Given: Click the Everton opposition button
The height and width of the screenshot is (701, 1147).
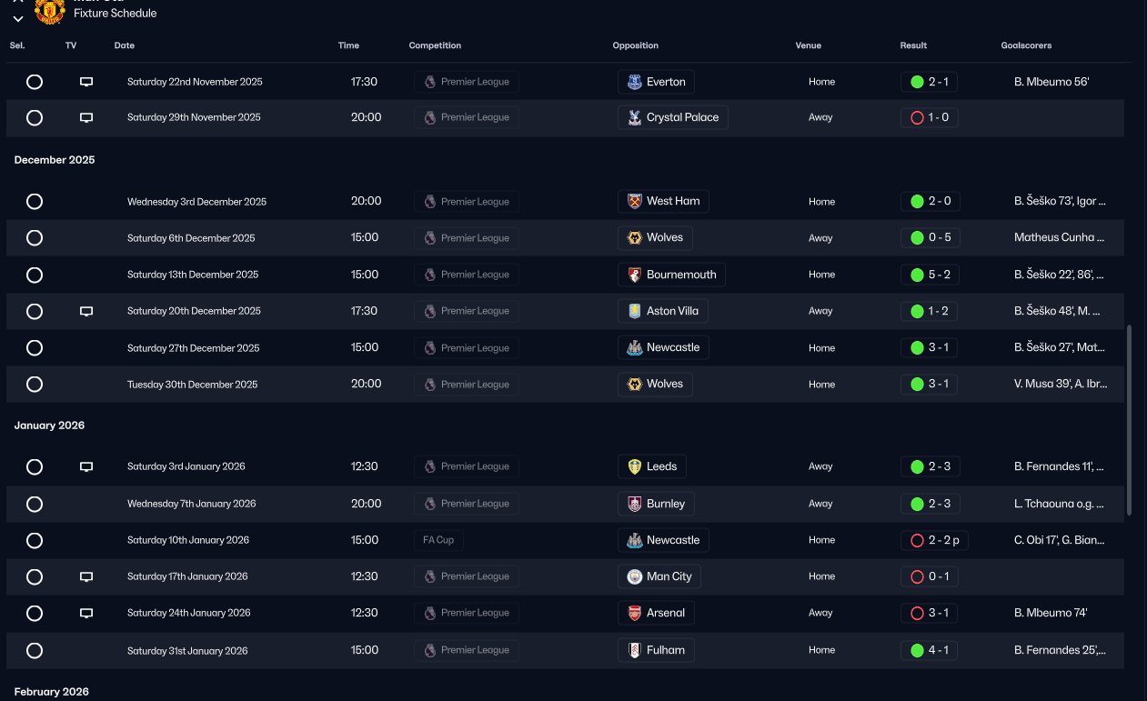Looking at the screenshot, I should (656, 82).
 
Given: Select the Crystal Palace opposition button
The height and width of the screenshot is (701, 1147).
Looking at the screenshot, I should (672, 117).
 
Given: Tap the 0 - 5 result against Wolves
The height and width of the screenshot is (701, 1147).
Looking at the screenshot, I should (929, 238).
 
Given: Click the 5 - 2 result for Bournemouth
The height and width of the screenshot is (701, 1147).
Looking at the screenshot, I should (929, 275).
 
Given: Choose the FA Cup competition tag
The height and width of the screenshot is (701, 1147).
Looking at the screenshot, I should (438, 540).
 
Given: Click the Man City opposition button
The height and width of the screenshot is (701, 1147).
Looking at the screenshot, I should (659, 576).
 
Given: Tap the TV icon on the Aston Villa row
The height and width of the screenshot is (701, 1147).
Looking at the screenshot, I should (86, 311).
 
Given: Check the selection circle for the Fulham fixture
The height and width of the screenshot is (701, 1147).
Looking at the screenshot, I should (35, 650).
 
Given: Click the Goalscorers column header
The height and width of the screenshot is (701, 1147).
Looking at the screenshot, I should (1026, 45).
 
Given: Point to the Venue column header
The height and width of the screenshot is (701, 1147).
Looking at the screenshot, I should (808, 45).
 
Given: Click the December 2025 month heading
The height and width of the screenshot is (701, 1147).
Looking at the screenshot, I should (55, 160).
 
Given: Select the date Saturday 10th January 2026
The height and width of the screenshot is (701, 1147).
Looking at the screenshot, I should (188, 540).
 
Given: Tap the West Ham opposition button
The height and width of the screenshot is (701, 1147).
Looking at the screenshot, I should (663, 201).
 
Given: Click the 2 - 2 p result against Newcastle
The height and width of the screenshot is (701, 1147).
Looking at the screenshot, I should (934, 540).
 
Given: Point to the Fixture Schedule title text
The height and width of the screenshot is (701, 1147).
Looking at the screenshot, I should (115, 14).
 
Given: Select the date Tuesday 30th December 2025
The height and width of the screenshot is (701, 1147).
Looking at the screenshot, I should (192, 385).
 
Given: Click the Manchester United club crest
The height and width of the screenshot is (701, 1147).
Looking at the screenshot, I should (49, 9).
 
